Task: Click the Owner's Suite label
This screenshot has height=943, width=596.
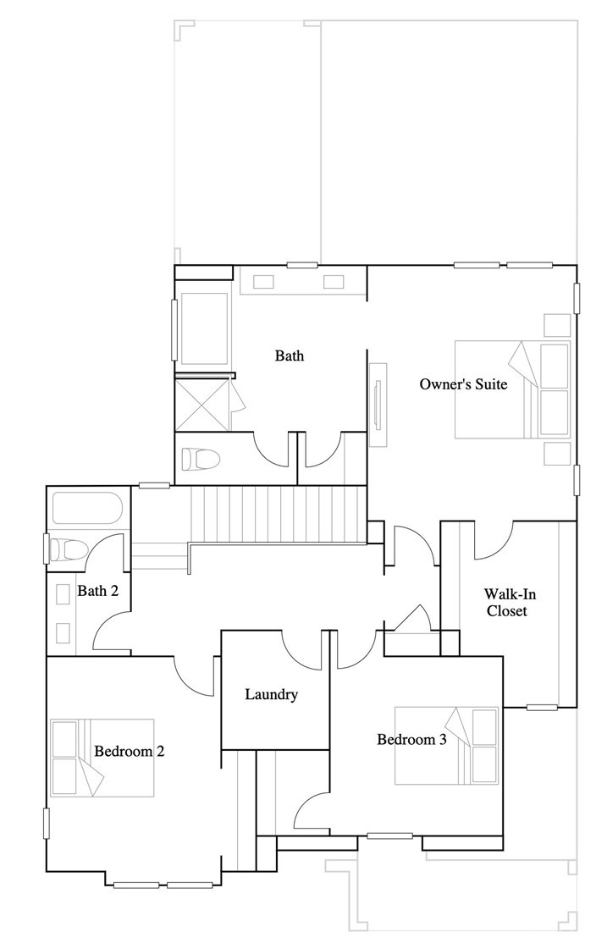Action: (463, 384)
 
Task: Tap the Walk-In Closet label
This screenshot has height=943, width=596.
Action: (506, 602)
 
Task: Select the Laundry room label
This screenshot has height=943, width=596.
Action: (271, 695)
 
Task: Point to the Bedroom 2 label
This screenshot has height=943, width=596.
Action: (129, 751)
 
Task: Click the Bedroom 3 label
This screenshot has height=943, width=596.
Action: (411, 739)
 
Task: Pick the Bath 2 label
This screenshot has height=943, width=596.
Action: (98, 590)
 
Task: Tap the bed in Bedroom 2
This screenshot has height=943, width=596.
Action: (102, 758)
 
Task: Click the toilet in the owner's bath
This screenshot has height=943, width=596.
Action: (201, 460)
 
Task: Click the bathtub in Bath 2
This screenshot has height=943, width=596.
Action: (87, 508)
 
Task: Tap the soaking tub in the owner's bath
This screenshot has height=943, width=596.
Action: (204, 327)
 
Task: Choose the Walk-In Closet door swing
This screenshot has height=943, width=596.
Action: (494, 541)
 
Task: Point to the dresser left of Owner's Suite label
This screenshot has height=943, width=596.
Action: (378, 404)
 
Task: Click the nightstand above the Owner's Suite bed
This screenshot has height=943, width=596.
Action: (557, 325)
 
